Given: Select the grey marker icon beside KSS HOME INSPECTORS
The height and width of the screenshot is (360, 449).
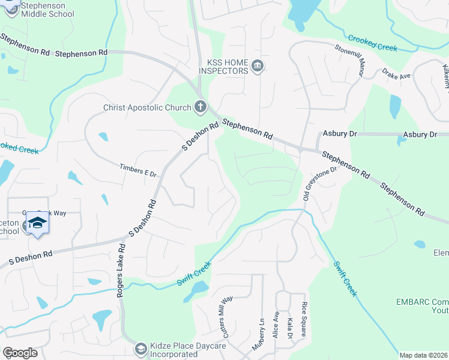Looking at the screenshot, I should click(x=258, y=65).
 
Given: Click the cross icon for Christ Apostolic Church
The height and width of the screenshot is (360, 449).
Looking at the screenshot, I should click(x=200, y=107).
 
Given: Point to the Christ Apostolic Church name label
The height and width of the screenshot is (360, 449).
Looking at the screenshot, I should click(x=146, y=108).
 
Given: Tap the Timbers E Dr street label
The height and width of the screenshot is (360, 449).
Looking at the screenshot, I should click(x=138, y=170).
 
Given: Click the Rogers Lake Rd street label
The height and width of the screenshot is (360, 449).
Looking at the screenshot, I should click(x=121, y=263).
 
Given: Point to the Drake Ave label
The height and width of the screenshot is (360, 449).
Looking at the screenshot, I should click(x=396, y=76).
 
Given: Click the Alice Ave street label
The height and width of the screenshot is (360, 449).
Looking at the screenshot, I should click(x=277, y=324).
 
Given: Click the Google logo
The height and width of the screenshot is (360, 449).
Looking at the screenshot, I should click(x=20, y=353).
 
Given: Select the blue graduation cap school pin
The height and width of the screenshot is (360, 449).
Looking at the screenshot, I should click(x=37, y=224).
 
